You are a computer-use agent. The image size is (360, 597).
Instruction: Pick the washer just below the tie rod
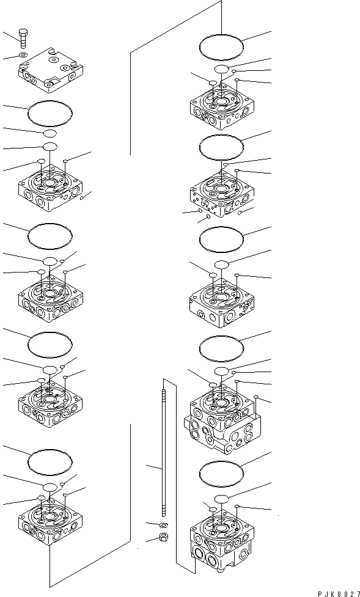163,525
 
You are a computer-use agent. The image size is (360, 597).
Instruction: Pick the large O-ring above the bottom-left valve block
50,460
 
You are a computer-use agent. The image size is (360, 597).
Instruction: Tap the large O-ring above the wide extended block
222,346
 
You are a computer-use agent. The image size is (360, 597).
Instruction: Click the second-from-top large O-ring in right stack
222,146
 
